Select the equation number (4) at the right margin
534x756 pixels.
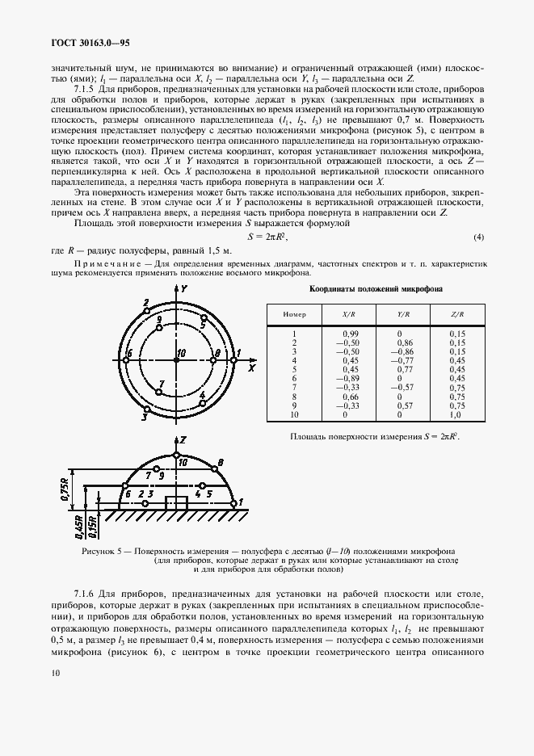click(x=478, y=237)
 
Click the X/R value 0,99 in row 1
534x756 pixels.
click(x=350, y=333)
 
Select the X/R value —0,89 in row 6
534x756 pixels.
click(x=350, y=378)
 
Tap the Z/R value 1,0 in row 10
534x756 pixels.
click(x=456, y=414)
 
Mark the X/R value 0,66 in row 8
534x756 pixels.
click(x=350, y=397)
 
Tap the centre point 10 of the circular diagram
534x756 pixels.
click(x=175, y=360)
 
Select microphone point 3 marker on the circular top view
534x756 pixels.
click(x=146, y=409)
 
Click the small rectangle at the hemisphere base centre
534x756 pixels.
click(x=175, y=502)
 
